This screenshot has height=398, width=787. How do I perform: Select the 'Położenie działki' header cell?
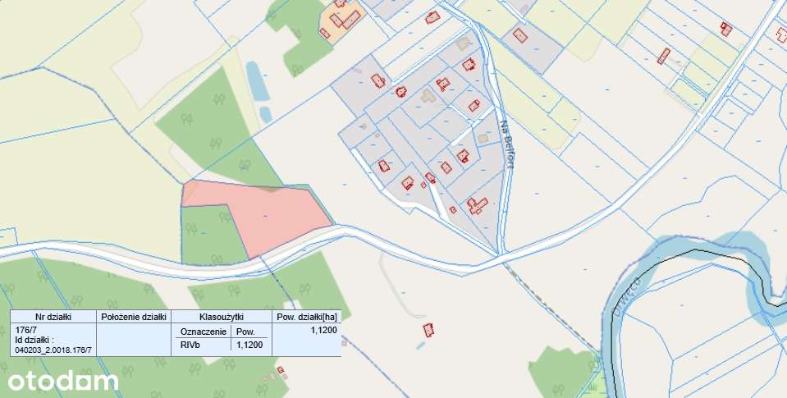click(x=134, y=316)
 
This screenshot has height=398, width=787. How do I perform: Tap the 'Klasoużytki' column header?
click(x=222, y=316)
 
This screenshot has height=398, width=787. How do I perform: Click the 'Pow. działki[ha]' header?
click(x=306, y=316)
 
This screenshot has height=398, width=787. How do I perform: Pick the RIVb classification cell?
click(x=190, y=345)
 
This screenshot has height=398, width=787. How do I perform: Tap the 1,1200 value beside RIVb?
click(x=249, y=345)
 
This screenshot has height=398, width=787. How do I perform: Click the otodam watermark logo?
click(x=63, y=381)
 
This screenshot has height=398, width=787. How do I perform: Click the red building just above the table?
click(x=428, y=330)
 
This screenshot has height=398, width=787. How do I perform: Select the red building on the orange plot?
click(x=345, y=18)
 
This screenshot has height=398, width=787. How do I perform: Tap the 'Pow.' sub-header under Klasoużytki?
click(x=245, y=332)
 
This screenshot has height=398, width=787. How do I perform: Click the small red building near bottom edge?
click(x=281, y=370)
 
